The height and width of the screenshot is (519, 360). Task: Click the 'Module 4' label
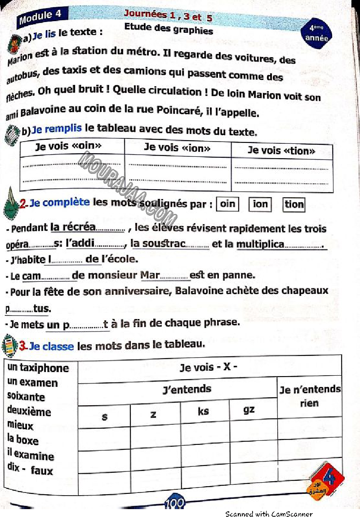click(40, 17)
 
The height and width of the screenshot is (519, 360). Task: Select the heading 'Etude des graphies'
click(169, 30)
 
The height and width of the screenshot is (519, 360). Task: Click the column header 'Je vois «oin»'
click(68, 146)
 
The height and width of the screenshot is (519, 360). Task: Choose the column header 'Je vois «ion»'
click(177, 147)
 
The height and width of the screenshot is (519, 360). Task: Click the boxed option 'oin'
click(227, 204)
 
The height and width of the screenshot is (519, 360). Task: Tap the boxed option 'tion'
click(294, 205)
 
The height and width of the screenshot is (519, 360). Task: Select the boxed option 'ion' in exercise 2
click(260, 204)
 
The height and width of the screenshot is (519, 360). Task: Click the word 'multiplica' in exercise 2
click(260, 244)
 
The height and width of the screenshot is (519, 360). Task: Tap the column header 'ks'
click(203, 411)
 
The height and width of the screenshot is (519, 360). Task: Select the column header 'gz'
click(249, 409)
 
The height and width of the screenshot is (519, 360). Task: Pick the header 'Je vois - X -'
click(208, 368)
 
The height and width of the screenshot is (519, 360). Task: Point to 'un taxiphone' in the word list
click(38, 368)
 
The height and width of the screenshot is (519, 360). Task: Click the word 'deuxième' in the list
click(29, 412)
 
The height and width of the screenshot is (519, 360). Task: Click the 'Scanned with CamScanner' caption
click(269, 514)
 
